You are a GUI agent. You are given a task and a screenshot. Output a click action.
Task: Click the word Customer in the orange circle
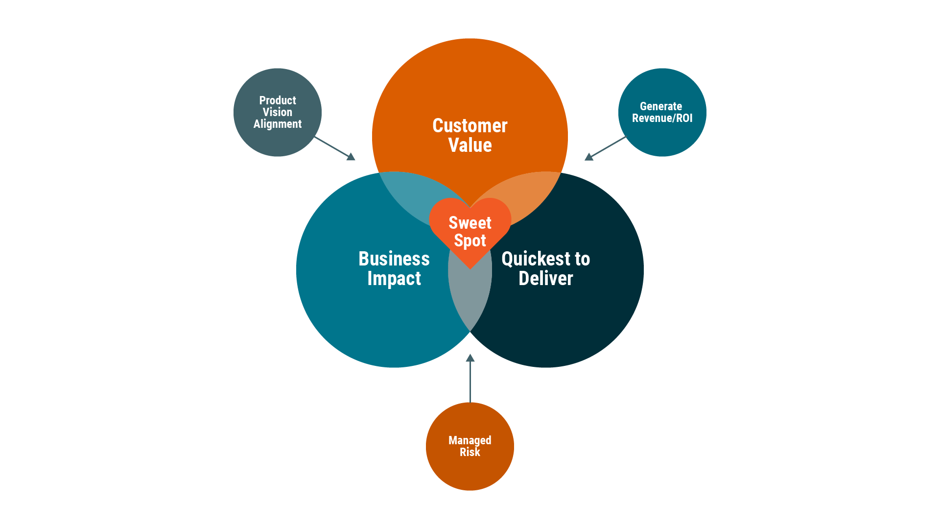470,126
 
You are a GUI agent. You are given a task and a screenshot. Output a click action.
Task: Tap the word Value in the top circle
470,145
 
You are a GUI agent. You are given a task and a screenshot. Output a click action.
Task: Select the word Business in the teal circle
394,259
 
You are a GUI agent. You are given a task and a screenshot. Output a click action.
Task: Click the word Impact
394,278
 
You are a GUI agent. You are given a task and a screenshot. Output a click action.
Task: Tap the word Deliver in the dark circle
545,278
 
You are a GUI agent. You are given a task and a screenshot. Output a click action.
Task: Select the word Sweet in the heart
470,223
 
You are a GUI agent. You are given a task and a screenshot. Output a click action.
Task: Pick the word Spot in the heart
470,240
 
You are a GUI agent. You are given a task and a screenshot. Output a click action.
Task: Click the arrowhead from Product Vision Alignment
351,157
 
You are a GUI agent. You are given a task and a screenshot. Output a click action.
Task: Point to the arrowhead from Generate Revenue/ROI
589,157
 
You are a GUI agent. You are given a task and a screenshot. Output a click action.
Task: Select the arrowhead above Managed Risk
470,358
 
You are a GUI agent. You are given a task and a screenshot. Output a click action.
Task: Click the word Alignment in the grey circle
277,124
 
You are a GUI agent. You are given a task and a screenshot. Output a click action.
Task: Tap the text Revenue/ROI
662,118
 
